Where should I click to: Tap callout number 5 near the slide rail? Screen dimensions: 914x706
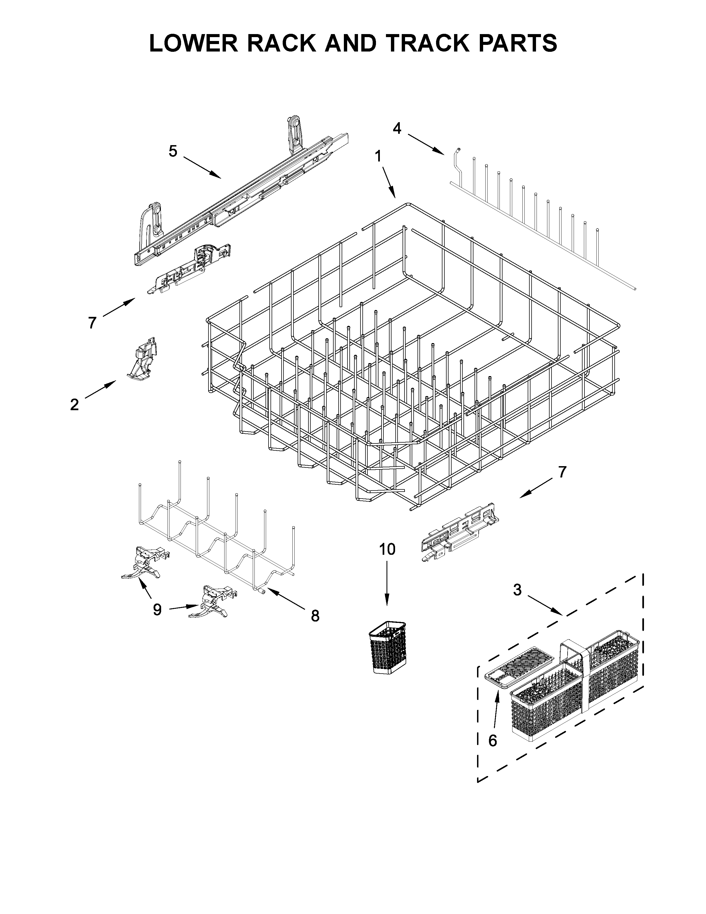(173, 151)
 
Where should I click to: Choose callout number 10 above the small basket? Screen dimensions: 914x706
(387, 549)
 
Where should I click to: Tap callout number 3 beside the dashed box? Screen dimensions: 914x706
(517, 590)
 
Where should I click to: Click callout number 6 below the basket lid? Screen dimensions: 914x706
(493, 741)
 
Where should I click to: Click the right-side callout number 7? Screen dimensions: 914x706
(562, 472)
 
